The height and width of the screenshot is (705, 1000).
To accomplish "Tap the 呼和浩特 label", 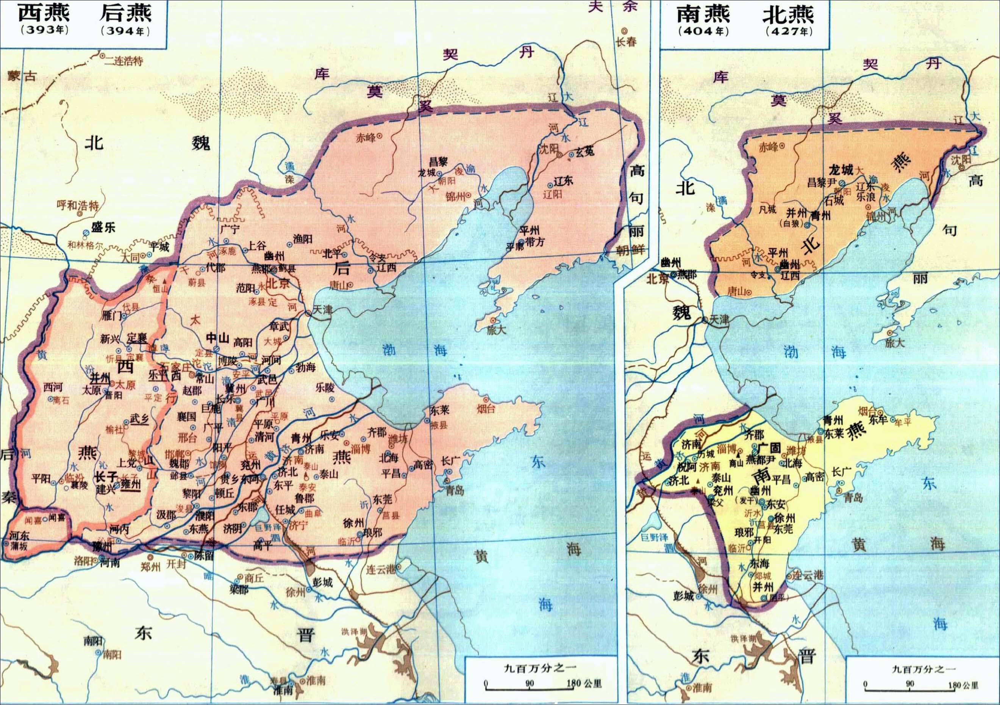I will click(x=78, y=205).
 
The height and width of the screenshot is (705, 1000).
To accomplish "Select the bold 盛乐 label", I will click(x=103, y=227).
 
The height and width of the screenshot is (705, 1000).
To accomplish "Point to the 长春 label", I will click(x=626, y=42).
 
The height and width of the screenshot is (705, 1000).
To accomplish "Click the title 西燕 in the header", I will click(x=44, y=13).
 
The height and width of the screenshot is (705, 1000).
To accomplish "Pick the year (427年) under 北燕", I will click(x=789, y=31).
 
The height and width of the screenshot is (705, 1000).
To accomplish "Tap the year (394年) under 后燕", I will click(x=125, y=31).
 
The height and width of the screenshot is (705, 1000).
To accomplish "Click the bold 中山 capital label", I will click(x=217, y=338).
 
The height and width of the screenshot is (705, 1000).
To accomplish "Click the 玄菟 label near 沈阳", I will click(x=585, y=152).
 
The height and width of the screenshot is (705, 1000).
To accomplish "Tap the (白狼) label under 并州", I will click(x=790, y=224).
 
